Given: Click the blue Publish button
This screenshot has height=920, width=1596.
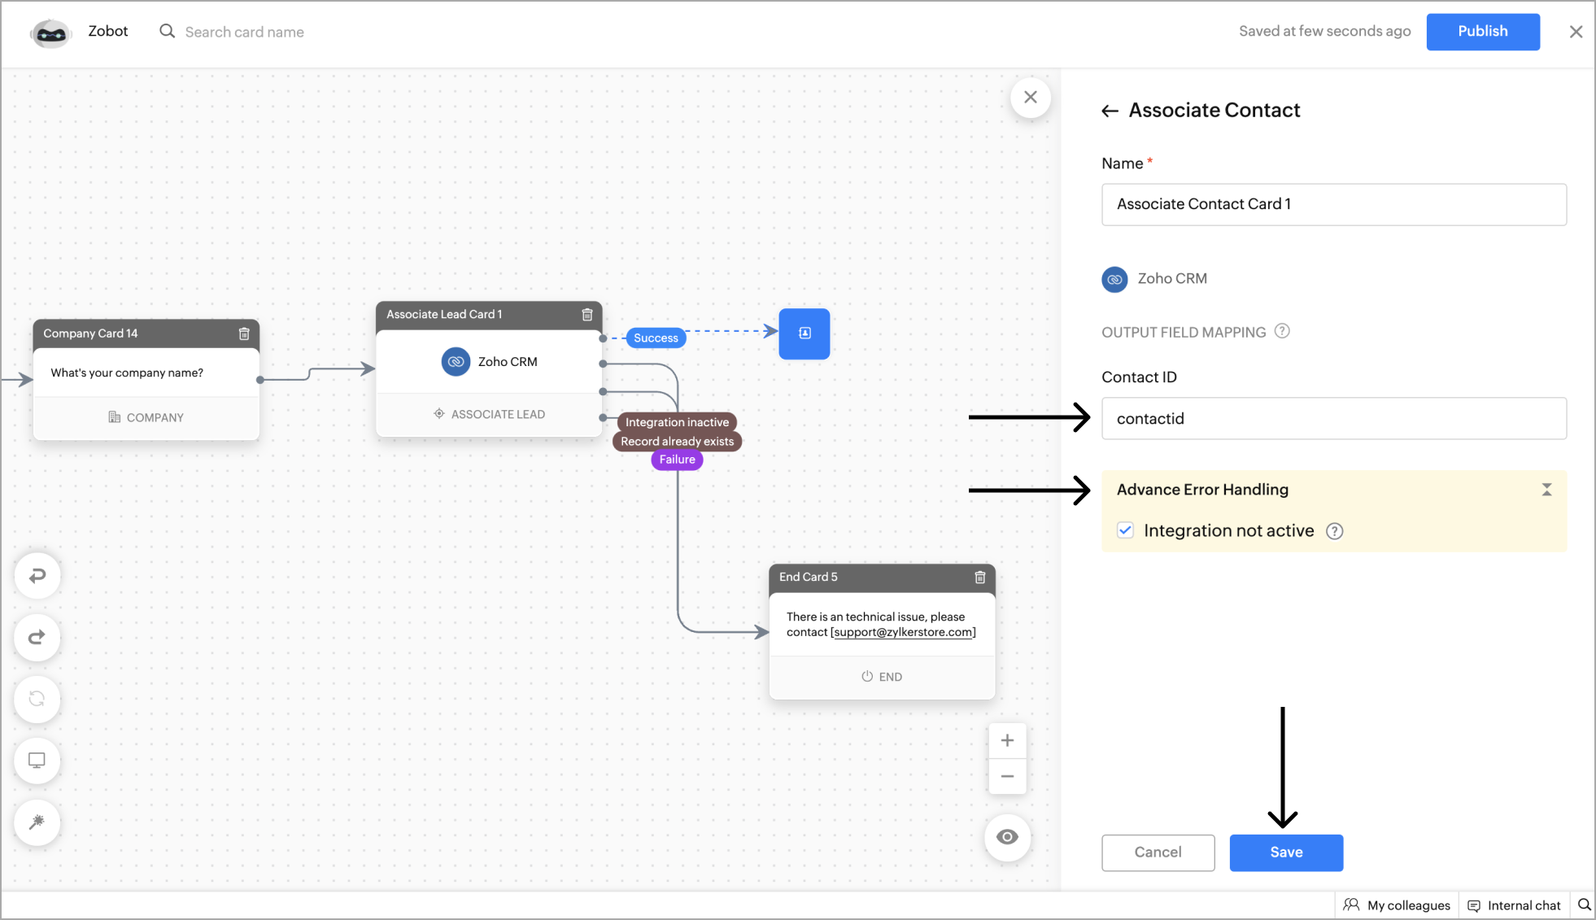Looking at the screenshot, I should coord(1482,32).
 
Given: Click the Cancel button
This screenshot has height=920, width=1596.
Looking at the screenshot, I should coord(1158,852).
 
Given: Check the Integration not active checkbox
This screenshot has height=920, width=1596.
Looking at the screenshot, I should coord(1125,530).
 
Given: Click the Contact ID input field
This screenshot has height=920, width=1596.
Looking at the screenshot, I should coord(1333,419).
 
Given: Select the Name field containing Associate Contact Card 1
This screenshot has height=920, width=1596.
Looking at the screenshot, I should coord(1333,204).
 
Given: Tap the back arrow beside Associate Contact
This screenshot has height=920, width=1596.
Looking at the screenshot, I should coord(1110,111).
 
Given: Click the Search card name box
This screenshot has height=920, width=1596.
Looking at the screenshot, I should coord(244,32).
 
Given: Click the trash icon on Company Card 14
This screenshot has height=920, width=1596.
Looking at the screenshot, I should coord(244,334).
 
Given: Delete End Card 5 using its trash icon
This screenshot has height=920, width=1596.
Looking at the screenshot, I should coord(980,578).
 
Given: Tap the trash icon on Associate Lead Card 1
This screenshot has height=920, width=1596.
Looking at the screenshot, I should coord(587,315).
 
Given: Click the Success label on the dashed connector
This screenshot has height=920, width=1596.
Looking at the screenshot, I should coord(656,338).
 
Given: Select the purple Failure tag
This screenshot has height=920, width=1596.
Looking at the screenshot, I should coord(677,460).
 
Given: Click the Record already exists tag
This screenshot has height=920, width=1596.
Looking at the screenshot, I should coord(677,442).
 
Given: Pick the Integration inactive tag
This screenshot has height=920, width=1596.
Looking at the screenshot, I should coord(677,422).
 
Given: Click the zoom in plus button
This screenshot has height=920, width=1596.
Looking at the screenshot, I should coord(1007,740).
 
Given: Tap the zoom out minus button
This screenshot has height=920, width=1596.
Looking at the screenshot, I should coord(1007,776).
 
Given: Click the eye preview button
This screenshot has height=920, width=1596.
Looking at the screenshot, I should coord(1007,837).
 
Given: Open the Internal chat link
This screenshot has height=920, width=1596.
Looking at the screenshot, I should coord(1514,905).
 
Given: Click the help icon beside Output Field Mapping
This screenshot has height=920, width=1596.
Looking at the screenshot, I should coord(1282,331).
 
